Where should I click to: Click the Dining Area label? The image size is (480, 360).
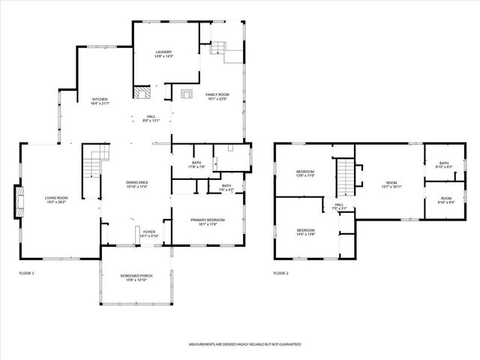136,184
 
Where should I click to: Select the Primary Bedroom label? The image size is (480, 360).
207,221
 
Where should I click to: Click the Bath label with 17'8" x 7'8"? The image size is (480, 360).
196,164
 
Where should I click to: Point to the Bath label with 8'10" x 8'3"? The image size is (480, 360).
444,165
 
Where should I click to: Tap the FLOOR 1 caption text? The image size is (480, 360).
27,273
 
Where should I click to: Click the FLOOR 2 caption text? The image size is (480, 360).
281,273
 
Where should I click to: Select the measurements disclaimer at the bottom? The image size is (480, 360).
244,343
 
